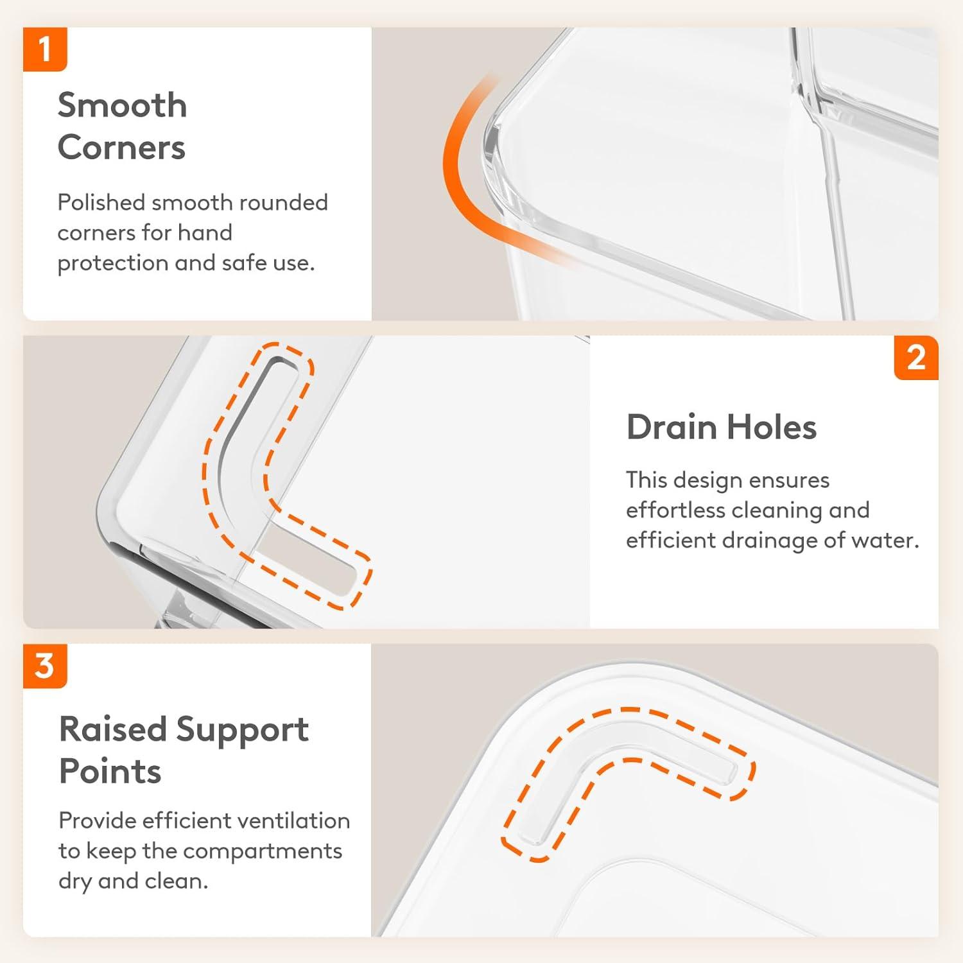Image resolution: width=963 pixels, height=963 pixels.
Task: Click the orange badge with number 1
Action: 45,49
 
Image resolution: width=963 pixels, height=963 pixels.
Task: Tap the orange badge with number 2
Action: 916,358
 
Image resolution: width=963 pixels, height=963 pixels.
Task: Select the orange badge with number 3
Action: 45,666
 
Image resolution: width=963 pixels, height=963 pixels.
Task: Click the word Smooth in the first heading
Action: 122,105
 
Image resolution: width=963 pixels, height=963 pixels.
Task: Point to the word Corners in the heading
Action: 121,148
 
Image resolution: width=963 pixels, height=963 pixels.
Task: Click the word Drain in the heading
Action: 672,427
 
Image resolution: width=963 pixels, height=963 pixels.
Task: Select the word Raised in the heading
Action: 113,729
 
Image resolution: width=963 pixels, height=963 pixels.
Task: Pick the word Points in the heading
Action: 110,771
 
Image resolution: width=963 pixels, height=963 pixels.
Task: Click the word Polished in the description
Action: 101,202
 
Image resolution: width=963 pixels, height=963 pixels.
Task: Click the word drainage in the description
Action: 770,541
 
